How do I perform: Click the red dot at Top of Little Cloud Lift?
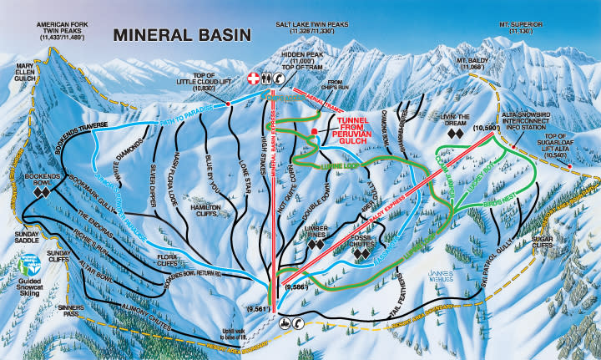tap(228, 104)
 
